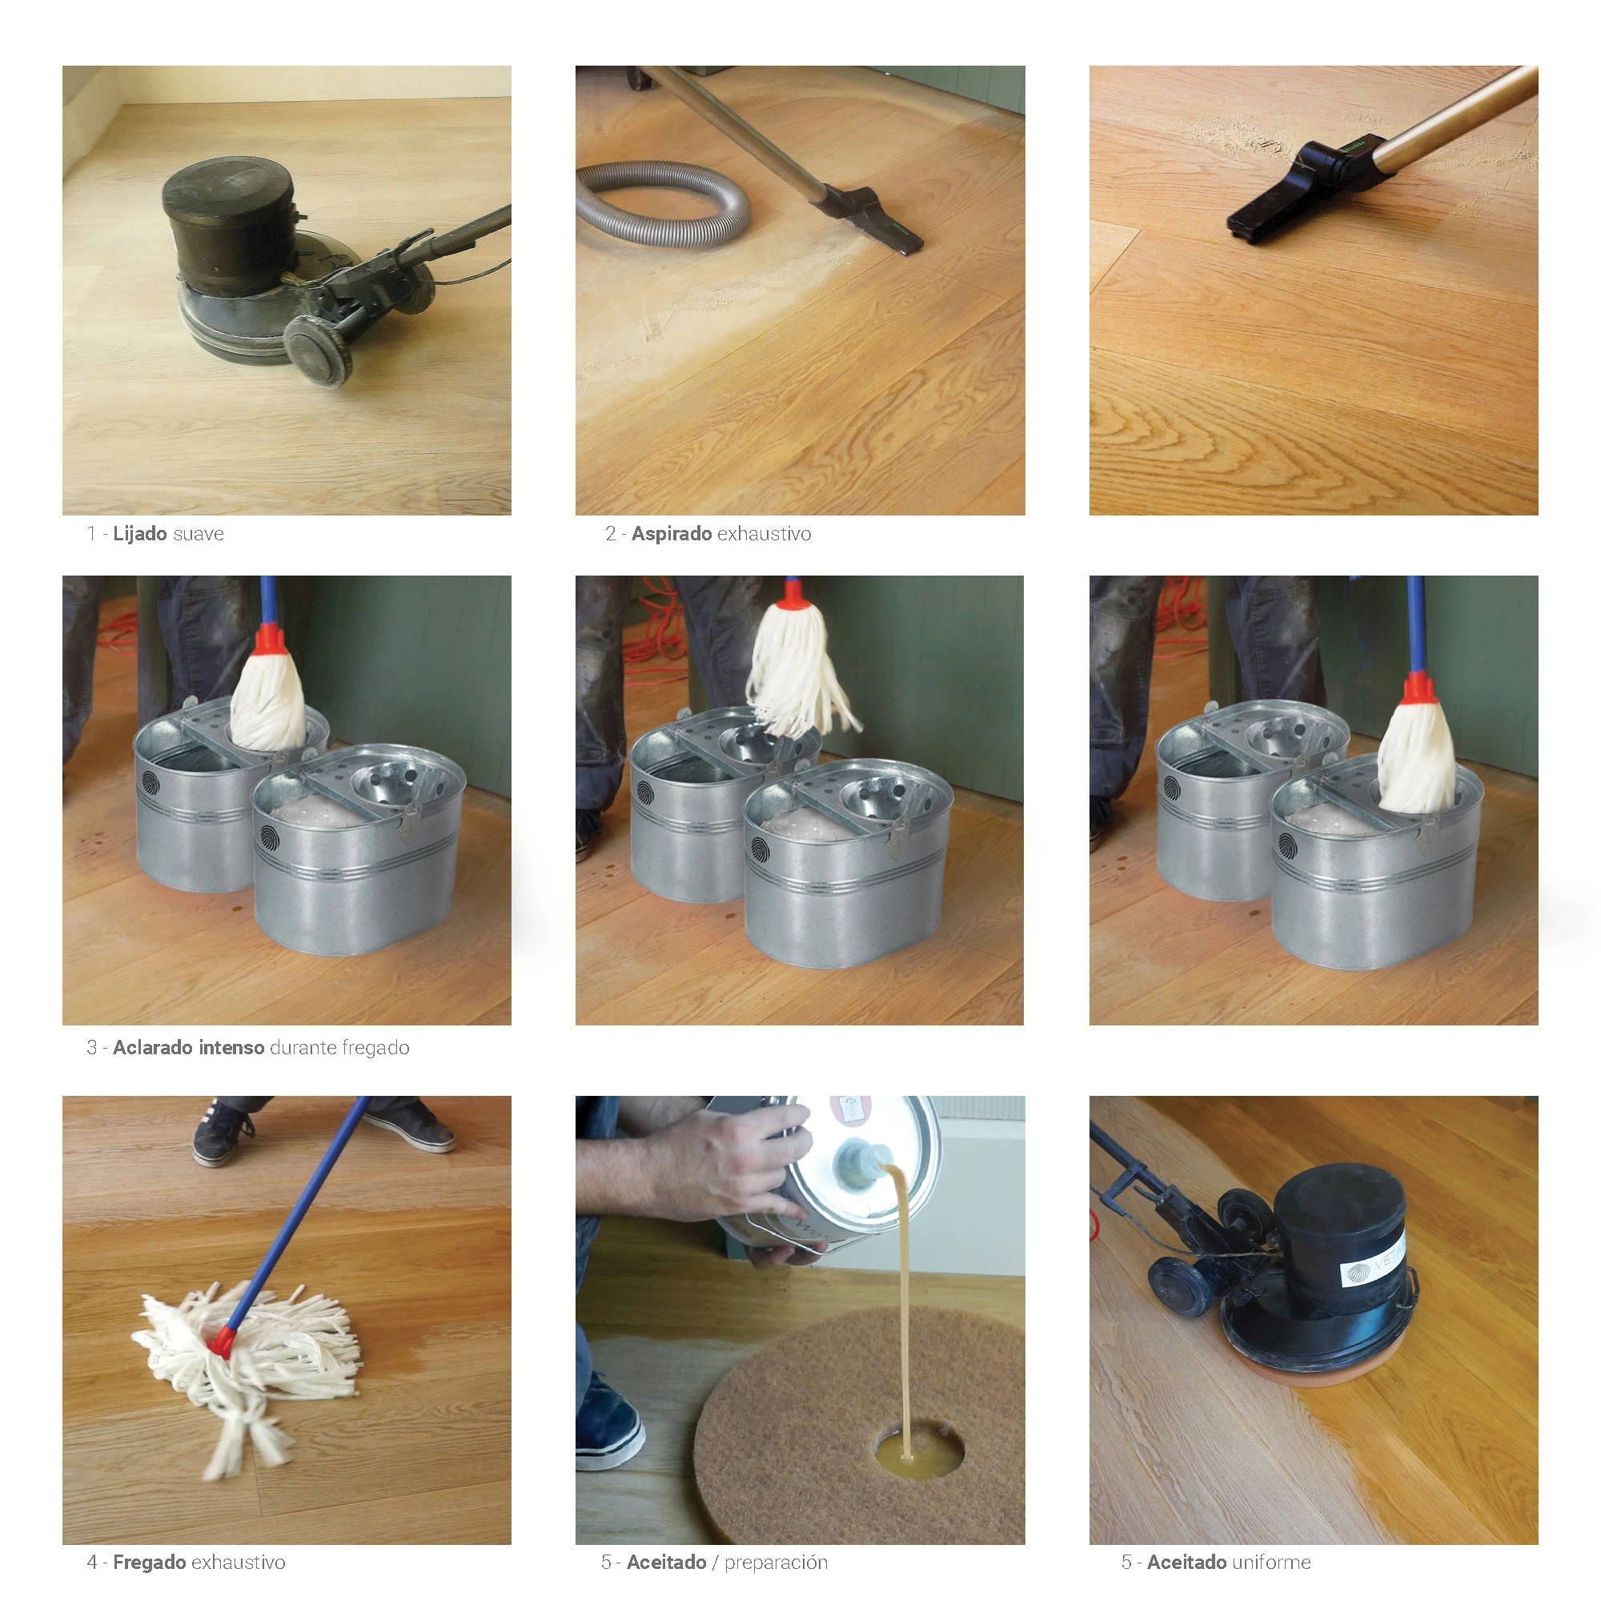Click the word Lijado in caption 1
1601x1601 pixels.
(140, 534)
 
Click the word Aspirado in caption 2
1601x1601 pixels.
(672, 534)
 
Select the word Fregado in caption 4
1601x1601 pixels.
(149, 1563)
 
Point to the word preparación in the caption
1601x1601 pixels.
(776, 1563)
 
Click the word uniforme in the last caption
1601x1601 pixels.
(1270, 1563)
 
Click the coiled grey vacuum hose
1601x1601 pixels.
(663, 205)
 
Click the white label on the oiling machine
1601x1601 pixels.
(1371, 1262)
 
